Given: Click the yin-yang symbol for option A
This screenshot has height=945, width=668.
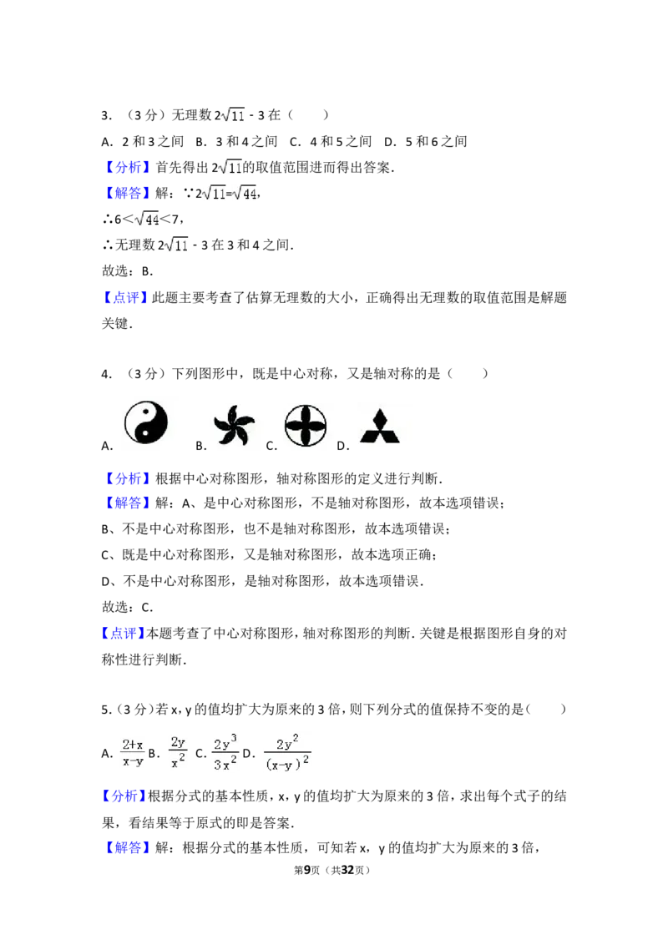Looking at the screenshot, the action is click(146, 422).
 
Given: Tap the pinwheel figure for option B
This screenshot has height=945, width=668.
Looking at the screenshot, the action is click(234, 424).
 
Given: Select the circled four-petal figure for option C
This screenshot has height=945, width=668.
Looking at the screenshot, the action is click(306, 426).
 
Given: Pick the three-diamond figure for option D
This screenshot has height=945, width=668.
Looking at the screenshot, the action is click(380, 427).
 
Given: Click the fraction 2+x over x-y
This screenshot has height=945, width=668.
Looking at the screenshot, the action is click(133, 753).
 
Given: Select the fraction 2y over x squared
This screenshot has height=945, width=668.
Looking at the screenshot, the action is click(178, 752).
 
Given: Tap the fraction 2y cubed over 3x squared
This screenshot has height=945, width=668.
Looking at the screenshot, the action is click(225, 752).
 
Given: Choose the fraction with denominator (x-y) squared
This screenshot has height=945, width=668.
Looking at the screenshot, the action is click(287, 753).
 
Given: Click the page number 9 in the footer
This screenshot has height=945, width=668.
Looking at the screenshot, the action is click(307, 870).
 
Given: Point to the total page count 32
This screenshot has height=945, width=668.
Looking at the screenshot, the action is click(347, 870).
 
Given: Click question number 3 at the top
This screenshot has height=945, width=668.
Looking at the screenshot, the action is click(107, 115).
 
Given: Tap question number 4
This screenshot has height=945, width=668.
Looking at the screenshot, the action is click(107, 374).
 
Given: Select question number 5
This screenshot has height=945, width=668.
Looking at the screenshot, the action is click(107, 710).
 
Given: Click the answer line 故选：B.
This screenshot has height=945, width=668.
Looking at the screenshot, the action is click(127, 271).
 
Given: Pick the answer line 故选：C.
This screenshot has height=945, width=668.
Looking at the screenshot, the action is click(127, 607).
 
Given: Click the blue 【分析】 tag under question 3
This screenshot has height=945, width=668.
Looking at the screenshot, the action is click(127, 167).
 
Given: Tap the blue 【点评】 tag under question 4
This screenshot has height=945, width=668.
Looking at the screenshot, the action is click(123, 634).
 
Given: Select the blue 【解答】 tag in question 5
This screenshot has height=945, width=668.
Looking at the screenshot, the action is click(127, 848).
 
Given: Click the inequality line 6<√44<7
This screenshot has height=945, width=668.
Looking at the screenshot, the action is click(143, 219).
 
